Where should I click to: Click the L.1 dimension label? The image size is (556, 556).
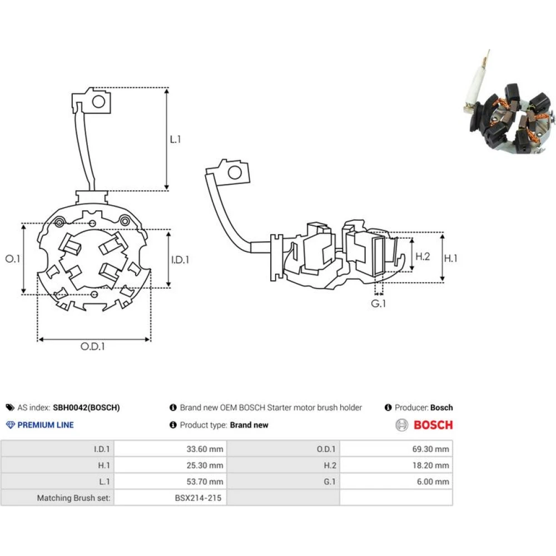tap(175, 140)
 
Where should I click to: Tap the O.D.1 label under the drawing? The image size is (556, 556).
tap(92, 346)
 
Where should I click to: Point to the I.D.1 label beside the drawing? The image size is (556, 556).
tap(180, 260)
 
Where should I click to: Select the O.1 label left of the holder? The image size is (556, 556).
tap(12, 259)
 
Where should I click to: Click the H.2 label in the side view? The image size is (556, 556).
tap(423, 256)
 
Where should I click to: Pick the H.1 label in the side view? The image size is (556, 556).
tap(451, 258)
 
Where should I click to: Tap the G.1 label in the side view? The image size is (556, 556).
tap(378, 304)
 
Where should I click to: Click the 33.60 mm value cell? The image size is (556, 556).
tap(205, 449)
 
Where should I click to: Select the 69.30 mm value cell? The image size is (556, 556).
tap(430, 449)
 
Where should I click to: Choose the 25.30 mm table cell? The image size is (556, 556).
tap(205, 465)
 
